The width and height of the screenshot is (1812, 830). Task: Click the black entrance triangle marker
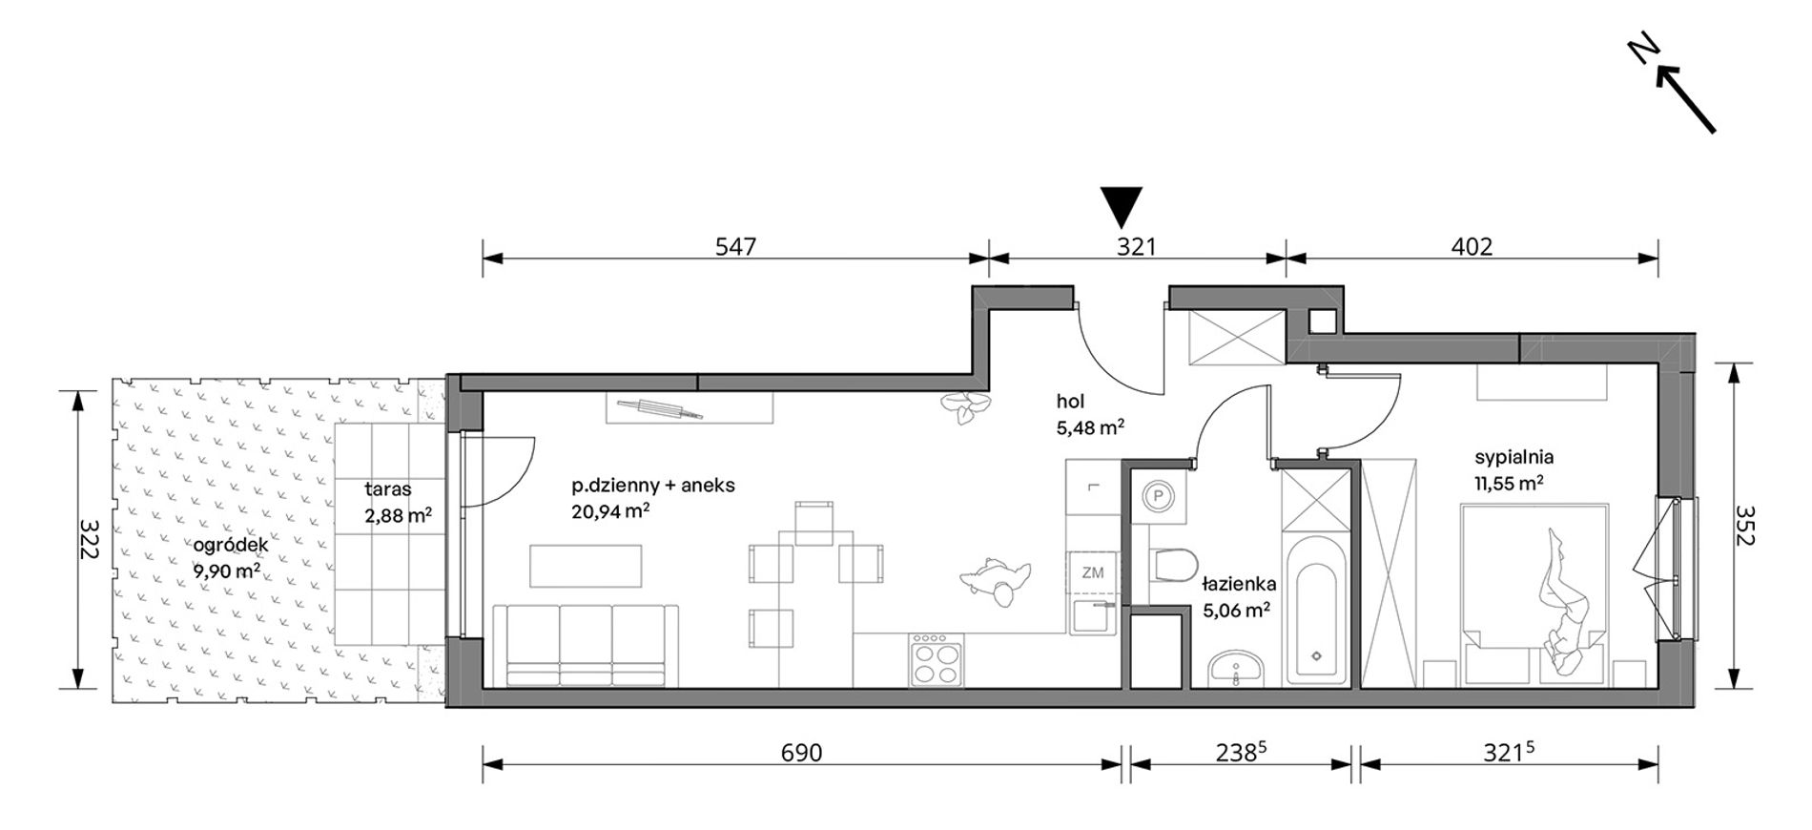(1122, 204)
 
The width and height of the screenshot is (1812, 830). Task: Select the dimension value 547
(735, 246)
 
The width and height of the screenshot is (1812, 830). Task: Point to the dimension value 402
(1472, 246)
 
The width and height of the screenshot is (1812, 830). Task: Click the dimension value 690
(801, 753)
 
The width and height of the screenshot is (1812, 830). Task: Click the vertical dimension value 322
(89, 540)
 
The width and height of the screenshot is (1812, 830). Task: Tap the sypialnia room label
(1513, 457)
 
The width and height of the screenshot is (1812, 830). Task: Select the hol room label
(1070, 402)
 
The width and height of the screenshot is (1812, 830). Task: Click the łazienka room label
(1239, 583)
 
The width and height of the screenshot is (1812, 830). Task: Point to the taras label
(388, 489)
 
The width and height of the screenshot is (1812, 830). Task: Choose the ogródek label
(230, 545)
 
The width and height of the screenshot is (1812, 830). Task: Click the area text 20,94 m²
(610, 511)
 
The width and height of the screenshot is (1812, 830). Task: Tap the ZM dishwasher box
(1092, 573)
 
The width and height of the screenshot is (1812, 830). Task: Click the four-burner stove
(937, 660)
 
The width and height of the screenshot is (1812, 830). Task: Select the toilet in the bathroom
(1174, 565)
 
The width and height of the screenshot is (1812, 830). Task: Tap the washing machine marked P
(1159, 496)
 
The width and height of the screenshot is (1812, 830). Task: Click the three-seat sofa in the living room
(586, 645)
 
